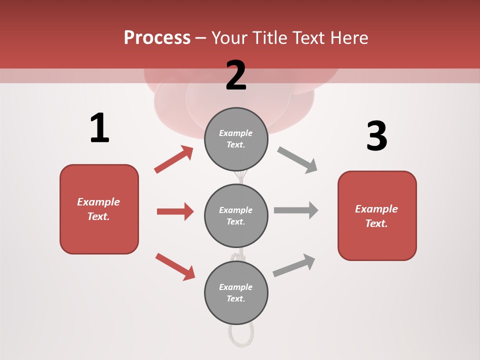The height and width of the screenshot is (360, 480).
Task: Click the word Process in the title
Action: pyautogui.click(x=157, y=38)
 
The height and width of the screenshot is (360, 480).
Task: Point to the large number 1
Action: pyautogui.click(x=99, y=128)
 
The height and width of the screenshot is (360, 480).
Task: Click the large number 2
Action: pyautogui.click(x=236, y=75)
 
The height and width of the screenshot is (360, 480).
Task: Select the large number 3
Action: pyautogui.click(x=376, y=136)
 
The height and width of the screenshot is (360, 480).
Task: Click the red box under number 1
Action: pyautogui.click(x=99, y=209)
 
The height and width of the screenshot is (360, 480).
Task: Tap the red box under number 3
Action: pyautogui.click(x=377, y=216)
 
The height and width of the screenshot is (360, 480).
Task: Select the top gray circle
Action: pyautogui.click(x=236, y=139)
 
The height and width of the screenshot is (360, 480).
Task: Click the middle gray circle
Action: pyautogui.click(x=236, y=215)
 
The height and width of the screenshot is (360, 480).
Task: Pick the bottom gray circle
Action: pyautogui.click(x=236, y=292)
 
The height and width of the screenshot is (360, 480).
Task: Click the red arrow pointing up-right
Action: pyautogui.click(x=173, y=159)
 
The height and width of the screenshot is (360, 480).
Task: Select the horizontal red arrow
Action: pyautogui.click(x=175, y=211)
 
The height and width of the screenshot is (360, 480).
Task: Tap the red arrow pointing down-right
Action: pyautogui.click(x=175, y=266)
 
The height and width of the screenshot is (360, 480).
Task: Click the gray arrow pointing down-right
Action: pyautogui.click(x=297, y=159)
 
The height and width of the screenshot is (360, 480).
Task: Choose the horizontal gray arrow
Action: pyautogui.click(x=296, y=210)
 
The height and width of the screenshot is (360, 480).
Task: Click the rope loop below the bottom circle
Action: pyautogui.click(x=241, y=335)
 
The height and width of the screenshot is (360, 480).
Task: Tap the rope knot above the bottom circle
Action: pyautogui.click(x=238, y=257)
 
